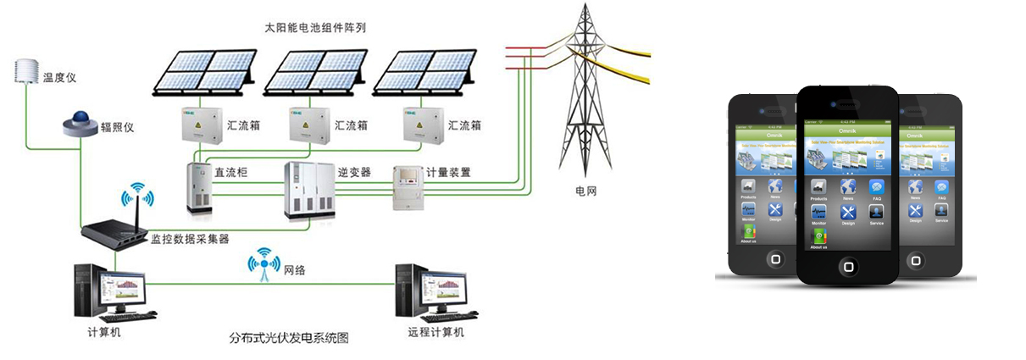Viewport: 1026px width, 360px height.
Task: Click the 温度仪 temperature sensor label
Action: point(60,77)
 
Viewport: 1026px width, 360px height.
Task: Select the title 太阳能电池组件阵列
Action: point(320,27)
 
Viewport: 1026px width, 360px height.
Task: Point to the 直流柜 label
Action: point(230,172)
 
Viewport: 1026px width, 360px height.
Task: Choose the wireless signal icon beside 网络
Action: point(263,264)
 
